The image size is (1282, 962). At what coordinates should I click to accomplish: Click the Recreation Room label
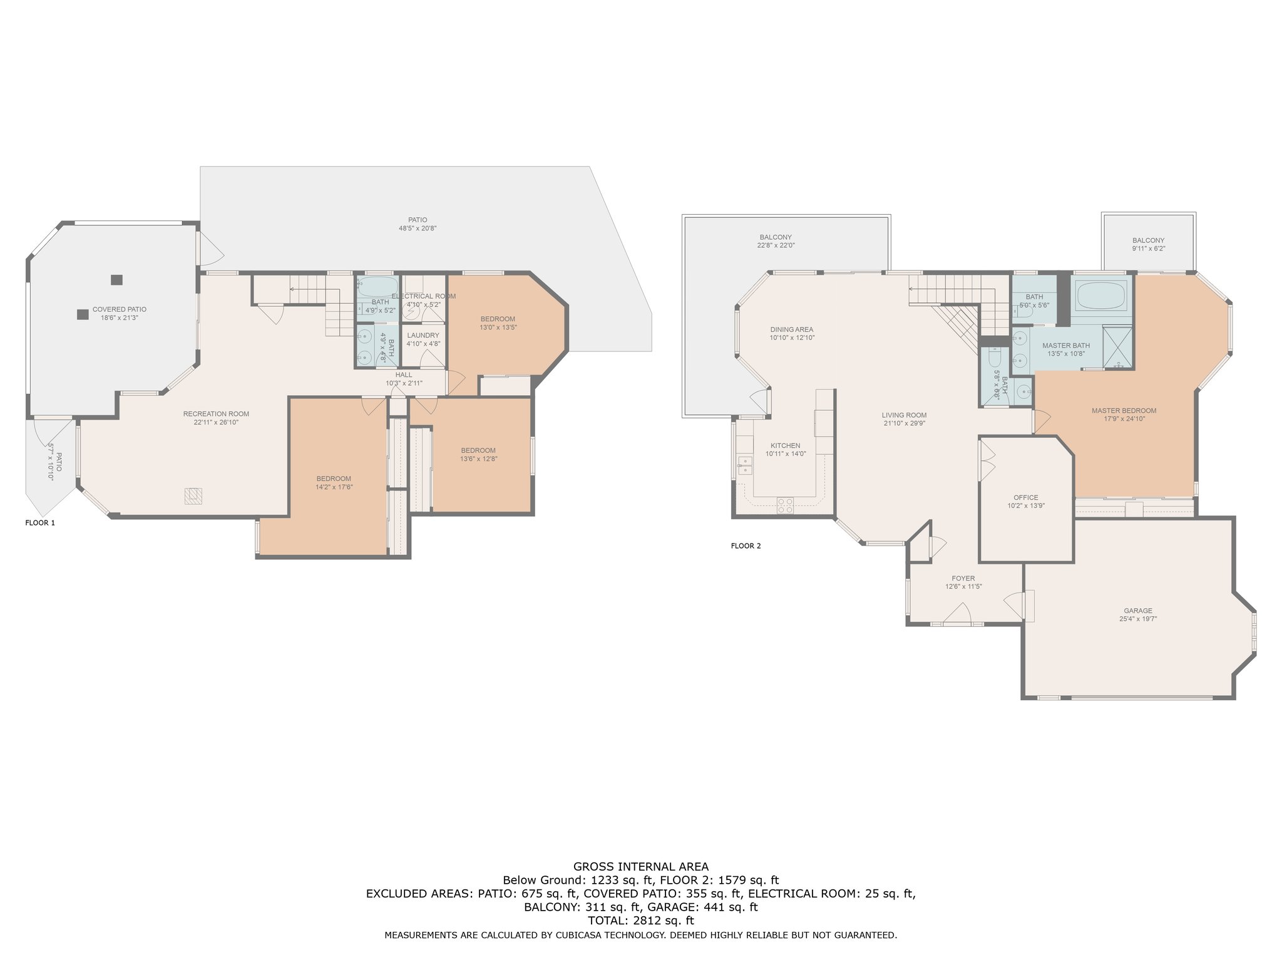click(x=216, y=413)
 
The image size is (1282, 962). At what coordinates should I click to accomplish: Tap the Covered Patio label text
click(x=120, y=309)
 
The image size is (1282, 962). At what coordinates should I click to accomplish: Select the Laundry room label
click(x=423, y=335)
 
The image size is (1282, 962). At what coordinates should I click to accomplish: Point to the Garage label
click(x=1138, y=611)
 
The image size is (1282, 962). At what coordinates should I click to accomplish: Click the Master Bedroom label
click(x=1124, y=411)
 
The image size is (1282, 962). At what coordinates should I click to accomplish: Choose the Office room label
click(x=1026, y=497)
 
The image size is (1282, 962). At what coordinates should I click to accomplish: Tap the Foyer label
click(x=963, y=578)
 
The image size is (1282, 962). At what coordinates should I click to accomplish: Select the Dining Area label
click(x=792, y=329)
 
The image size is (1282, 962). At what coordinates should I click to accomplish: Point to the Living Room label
click(x=904, y=415)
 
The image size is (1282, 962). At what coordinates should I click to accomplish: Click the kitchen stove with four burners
click(x=785, y=505)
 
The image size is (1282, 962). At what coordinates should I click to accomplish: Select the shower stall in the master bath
click(x=1117, y=348)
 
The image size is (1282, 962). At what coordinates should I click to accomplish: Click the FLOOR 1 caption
click(x=40, y=523)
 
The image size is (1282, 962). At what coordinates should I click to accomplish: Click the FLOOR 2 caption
click(x=746, y=546)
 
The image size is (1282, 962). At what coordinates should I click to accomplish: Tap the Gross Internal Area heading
click(x=641, y=867)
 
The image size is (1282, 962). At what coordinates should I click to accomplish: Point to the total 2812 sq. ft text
click(x=641, y=921)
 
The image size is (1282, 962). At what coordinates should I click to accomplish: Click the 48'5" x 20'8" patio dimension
click(x=418, y=229)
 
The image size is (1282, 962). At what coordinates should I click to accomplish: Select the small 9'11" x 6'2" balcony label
click(x=1149, y=249)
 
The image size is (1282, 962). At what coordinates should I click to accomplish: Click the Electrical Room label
click(x=424, y=296)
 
